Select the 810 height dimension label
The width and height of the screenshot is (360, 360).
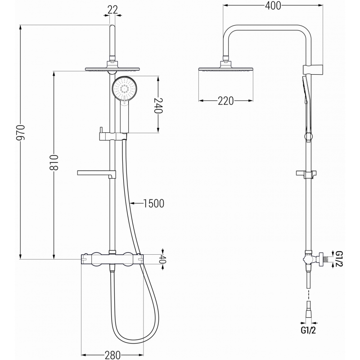(53, 164)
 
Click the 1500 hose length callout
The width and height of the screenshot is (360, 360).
(151, 204)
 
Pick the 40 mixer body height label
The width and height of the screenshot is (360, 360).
(163, 259)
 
